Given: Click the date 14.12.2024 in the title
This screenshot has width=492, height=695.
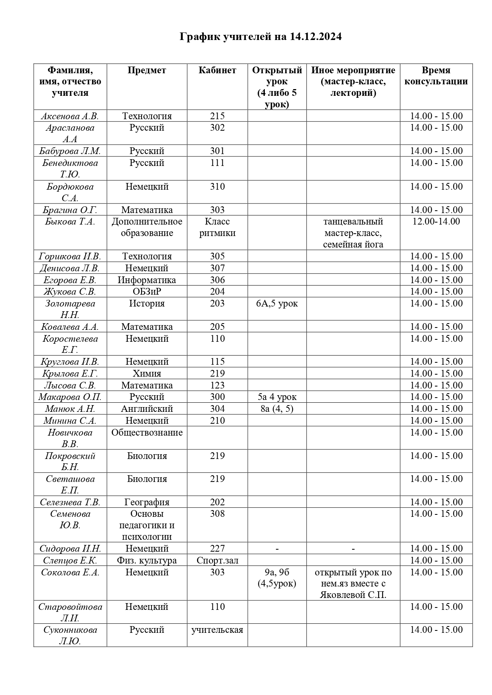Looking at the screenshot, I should pyautogui.click(x=316, y=37).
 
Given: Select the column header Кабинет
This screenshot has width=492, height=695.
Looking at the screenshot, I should pyautogui.click(x=217, y=70).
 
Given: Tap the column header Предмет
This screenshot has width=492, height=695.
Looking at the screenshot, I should pyautogui.click(x=147, y=70).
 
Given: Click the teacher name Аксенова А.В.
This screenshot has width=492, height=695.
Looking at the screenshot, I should pyautogui.click(x=70, y=116).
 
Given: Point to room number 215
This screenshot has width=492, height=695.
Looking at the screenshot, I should pyautogui.click(x=217, y=116).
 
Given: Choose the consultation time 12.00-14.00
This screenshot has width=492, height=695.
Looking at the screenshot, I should pyautogui.click(x=436, y=221).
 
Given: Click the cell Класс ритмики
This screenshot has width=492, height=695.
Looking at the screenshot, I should pyautogui.click(x=217, y=227).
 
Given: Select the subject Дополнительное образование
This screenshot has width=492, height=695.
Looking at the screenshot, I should pyautogui.click(x=147, y=227).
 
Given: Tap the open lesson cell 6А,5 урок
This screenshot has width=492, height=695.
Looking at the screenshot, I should pyautogui.click(x=277, y=304).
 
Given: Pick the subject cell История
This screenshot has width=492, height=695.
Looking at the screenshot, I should pyautogui.click(x=147, y=304).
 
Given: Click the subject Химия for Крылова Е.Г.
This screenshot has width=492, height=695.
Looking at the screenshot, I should pyautogui.click(x=147, y=373).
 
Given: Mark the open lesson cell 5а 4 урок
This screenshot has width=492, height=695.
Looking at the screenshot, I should pyautogui.click(x=277, y=397).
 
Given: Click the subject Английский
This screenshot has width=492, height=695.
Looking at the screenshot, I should pyautogui.click(x=147, y=409).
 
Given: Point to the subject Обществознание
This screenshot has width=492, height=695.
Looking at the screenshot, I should pyautogui.click(x=147, y=432).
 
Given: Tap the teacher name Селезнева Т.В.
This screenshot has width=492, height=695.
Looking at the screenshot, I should pyautogui.click(x=70, y=502).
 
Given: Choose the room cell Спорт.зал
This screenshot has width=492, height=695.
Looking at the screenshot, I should pyautogui.click(x=217, y=560).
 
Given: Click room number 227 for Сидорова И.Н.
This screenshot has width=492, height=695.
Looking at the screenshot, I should pyautogui.click(x=217, y=548).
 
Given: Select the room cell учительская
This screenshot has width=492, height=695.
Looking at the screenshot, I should pyautogui.click(x=217, y=630).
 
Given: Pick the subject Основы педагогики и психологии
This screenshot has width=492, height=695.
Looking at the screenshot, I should pyautogui.click(x=147, y=525).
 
